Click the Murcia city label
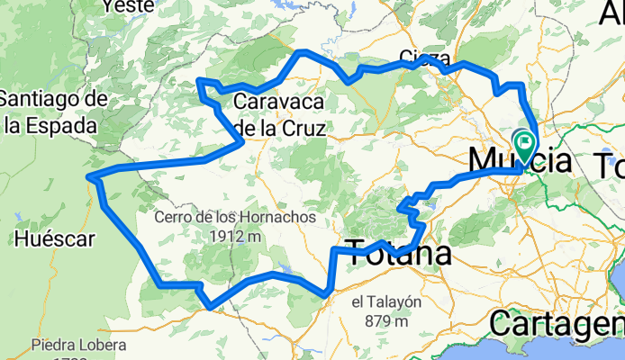(x=520, y=162)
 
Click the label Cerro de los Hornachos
(x=235, y=218)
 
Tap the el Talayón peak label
(x=385, y=302)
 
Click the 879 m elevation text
(x=385, y=320)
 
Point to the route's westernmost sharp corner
(x=89, y=178)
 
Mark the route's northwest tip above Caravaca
(x=199, y=82)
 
